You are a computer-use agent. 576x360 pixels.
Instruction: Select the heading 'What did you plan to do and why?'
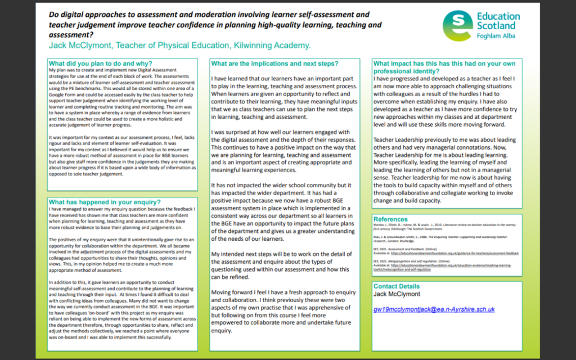[x=101, y=64]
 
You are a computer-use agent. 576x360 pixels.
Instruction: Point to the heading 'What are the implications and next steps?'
[x=274, y=63]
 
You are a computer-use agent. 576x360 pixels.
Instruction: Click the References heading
[x=390, y=219]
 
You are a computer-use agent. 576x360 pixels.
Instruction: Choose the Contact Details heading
[x=397, y=286]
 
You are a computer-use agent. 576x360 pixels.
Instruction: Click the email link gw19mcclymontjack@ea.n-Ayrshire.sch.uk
[x=434, y=309]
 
